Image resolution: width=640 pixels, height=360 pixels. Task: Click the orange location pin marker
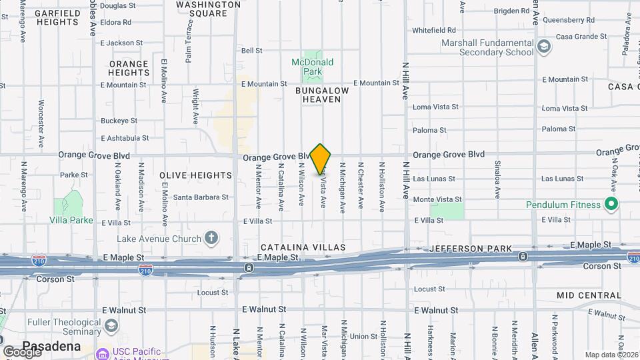[321, 159]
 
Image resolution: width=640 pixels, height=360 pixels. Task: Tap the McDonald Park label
[312, 67]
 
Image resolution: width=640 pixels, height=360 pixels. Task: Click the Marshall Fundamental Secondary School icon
[545, 47]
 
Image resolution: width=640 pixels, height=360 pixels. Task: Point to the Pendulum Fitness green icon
[610, 204]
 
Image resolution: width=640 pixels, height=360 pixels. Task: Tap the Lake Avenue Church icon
[211, 238]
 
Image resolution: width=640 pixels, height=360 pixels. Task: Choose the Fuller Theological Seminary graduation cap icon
[111, 325]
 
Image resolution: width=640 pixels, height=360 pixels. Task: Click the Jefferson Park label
[471, 249]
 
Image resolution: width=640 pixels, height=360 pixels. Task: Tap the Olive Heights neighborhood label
[196, 175]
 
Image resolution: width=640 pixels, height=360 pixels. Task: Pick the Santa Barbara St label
[201, 197]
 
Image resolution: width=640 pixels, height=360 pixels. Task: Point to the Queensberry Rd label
[568, 21]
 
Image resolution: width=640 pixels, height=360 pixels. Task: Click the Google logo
[21, 351]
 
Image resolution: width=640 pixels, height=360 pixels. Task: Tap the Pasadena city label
[51, 347]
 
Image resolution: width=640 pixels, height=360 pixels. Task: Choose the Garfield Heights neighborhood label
[57, 17]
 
